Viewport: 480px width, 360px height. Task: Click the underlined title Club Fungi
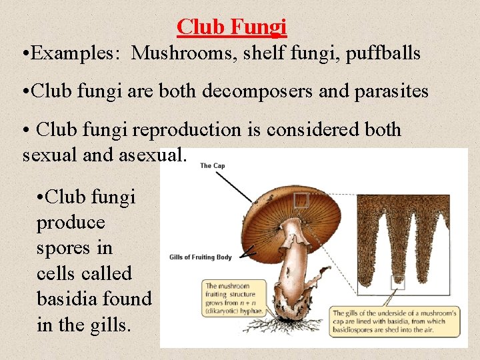[x=231, y=27]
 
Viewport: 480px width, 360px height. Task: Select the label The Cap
[x=214, y=166]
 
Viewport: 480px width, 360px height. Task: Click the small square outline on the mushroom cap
[x=301, y=200]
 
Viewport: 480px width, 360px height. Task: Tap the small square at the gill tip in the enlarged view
[x=397, y=283]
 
